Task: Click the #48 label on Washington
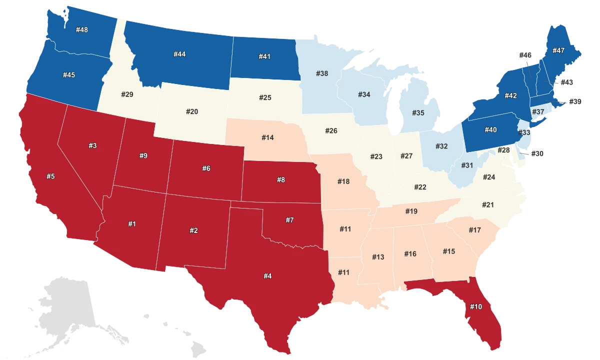click(x=82, y=30)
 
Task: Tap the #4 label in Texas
click(x=268, y=275)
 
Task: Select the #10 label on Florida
click(x=476, y=306)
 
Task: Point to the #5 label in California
click(x=50, y=176)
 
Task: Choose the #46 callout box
click(x=525, y=55)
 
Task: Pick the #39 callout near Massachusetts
click(x=575, y=101)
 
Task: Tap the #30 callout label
click(x=537, y=153)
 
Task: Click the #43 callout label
click(x=567, y=82)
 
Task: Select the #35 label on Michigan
click(x=418, y=112)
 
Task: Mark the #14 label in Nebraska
click(x=267, y=137)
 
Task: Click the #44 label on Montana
click(x=179, y=54)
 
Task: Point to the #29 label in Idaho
click(x=127, y=94)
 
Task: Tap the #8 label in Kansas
click(x=281, y=180)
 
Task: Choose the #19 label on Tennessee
click(x=411, y=211)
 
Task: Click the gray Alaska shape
click(x=65, y=305)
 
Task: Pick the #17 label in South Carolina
click(x=474, y=229)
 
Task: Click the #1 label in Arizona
click(x=131, y=224)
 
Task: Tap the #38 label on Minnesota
click(x=322, y=73)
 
